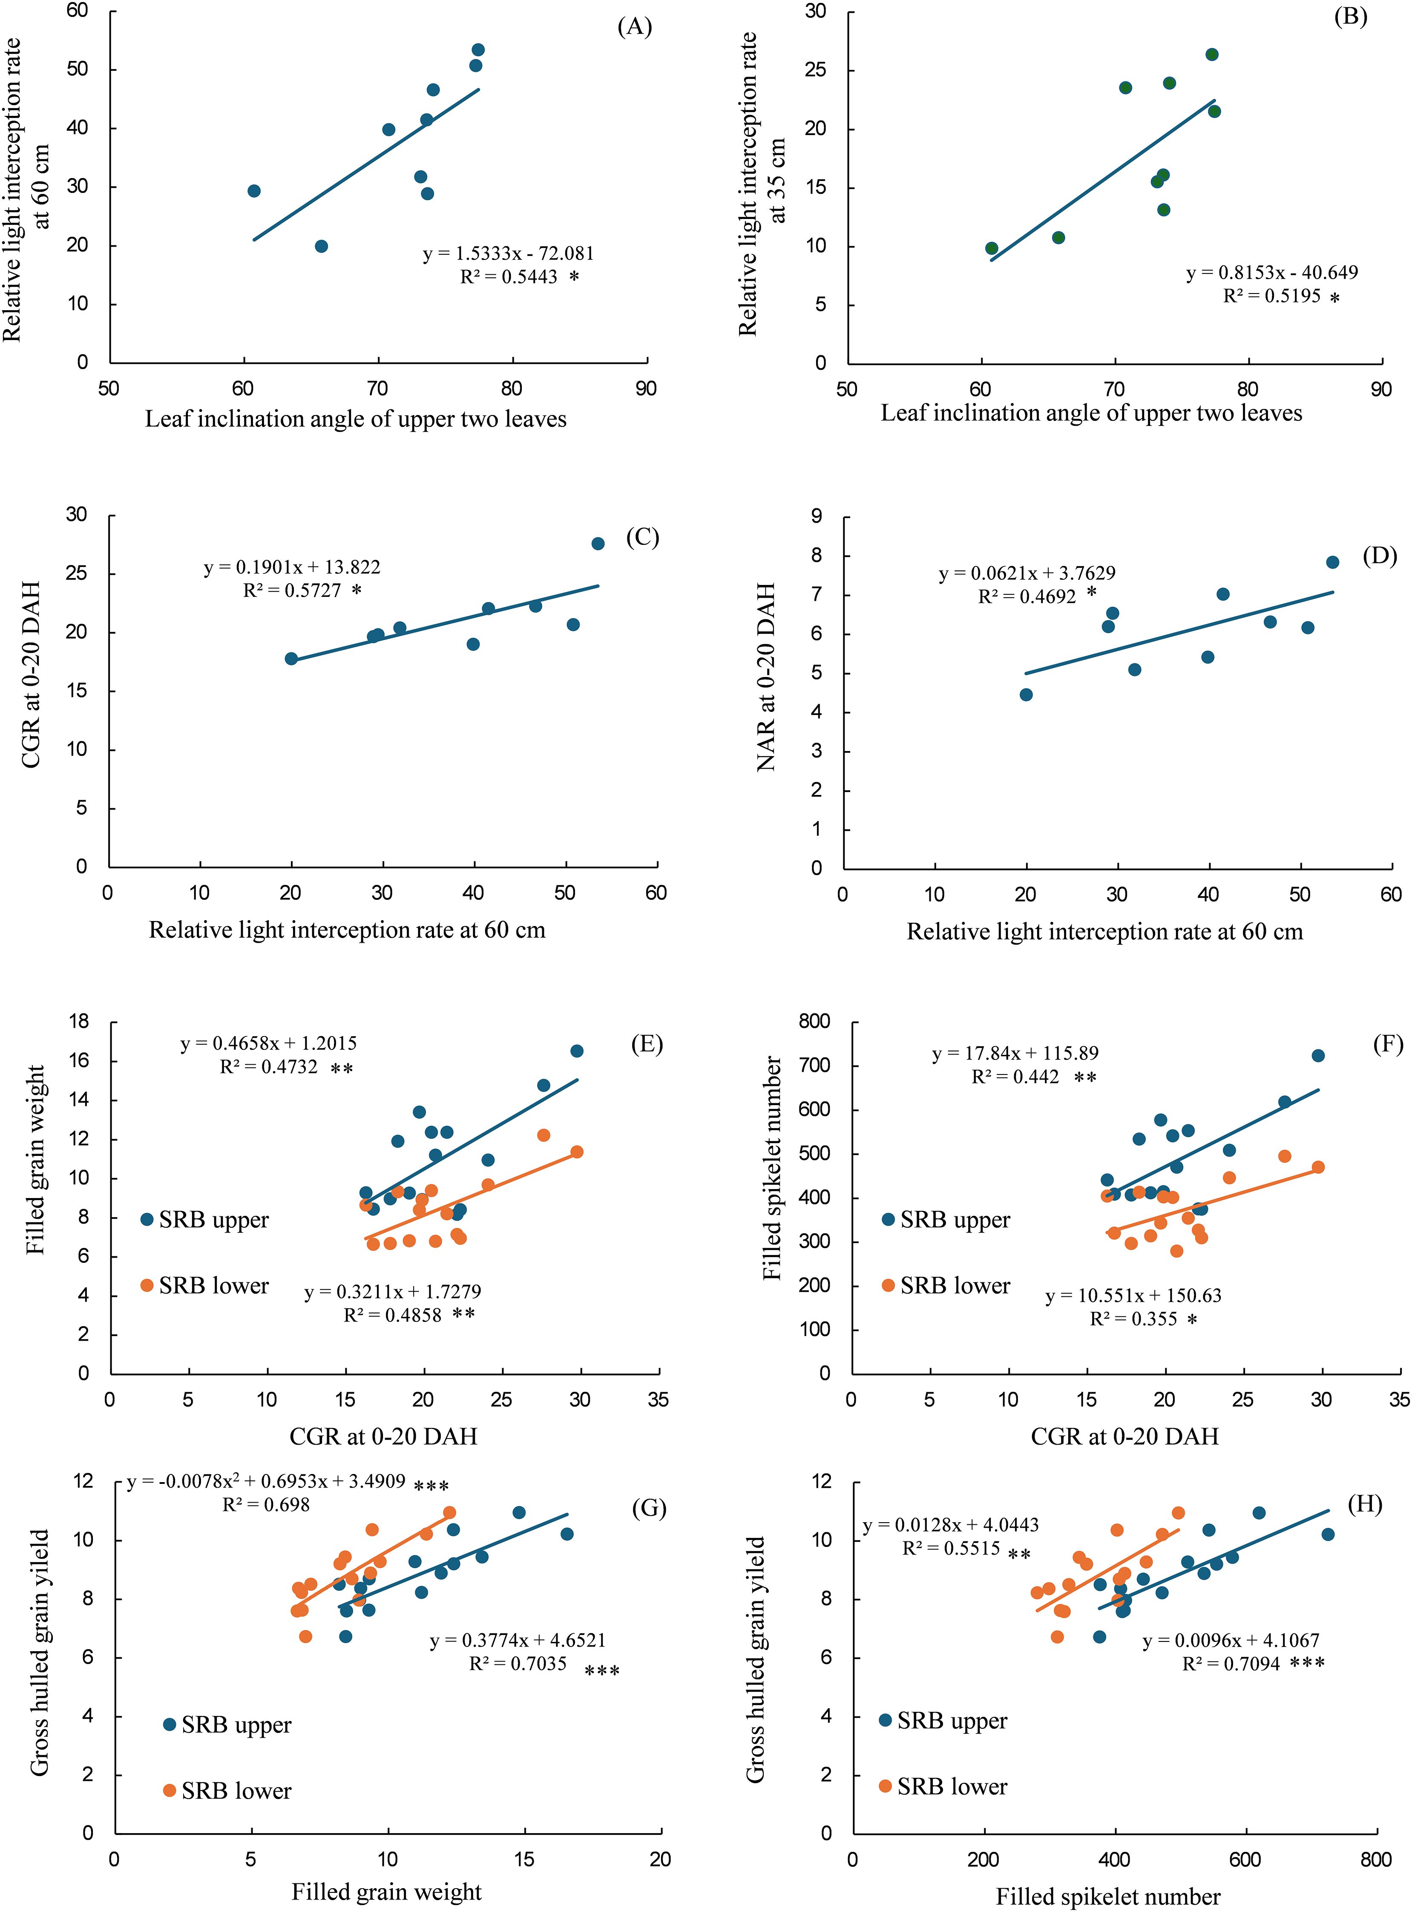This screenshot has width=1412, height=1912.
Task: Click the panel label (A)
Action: pyautogui.click(x=634, y=27)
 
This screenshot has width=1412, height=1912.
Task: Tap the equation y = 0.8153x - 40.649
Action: pyautogui.click(x=1272, y=273)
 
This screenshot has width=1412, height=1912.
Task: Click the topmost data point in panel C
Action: pyautogui.click(x=598, y=544)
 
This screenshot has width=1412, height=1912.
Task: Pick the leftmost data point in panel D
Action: pyautogui.click(x=1026, y=695)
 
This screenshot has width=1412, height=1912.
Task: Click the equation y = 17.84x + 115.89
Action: pyautogui.click(x=1015, y=1053)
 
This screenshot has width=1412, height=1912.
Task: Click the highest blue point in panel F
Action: pyautogui.click(x=1318, y=1056)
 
